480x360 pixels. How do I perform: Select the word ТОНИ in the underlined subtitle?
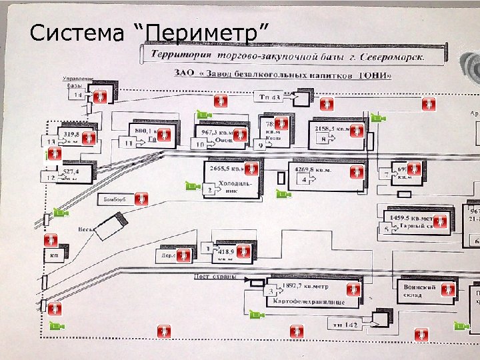coord(377,75)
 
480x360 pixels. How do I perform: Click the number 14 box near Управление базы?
coord(79,96)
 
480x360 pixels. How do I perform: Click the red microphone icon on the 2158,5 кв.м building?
coord(357,131)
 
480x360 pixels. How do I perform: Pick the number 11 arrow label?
coord(127,142)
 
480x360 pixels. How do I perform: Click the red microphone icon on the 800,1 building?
coord(166,135)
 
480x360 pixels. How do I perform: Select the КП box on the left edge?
coord(53,255)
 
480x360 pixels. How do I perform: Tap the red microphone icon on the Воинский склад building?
coord(449,290)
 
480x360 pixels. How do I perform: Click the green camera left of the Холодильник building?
coord(193,186)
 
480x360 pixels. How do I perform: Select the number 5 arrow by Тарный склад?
coord(387,229)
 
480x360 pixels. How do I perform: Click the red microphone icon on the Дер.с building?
coord(183,255)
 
